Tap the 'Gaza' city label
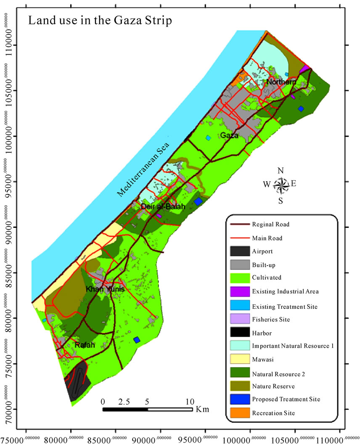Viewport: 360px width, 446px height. pos(229,135)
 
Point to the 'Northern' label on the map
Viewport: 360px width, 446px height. pos(281,82)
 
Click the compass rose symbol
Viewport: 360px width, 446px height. pos(281,185)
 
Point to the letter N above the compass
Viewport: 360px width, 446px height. pos(281,171)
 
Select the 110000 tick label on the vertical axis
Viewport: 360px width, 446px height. pos(12,45)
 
